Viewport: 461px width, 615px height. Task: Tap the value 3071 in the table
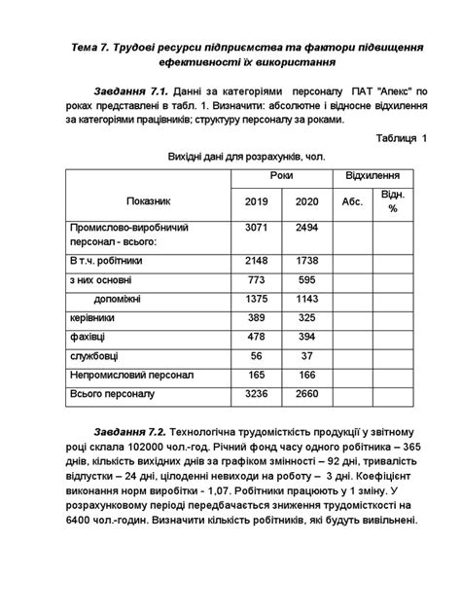(x=255, y=227)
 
